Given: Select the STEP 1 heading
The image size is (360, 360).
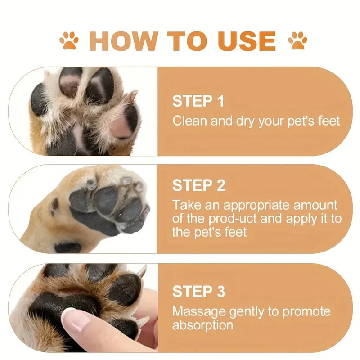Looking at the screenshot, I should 198,101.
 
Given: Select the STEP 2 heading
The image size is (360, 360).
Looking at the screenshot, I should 198,185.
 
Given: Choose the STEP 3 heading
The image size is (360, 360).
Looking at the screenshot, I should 198,292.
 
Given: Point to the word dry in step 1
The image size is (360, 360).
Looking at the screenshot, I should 233,121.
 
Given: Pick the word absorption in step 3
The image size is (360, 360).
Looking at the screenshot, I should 202,324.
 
